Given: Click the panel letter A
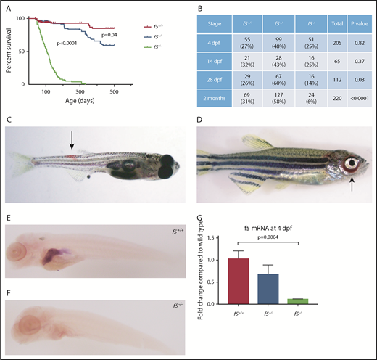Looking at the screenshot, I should coord(7,6).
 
